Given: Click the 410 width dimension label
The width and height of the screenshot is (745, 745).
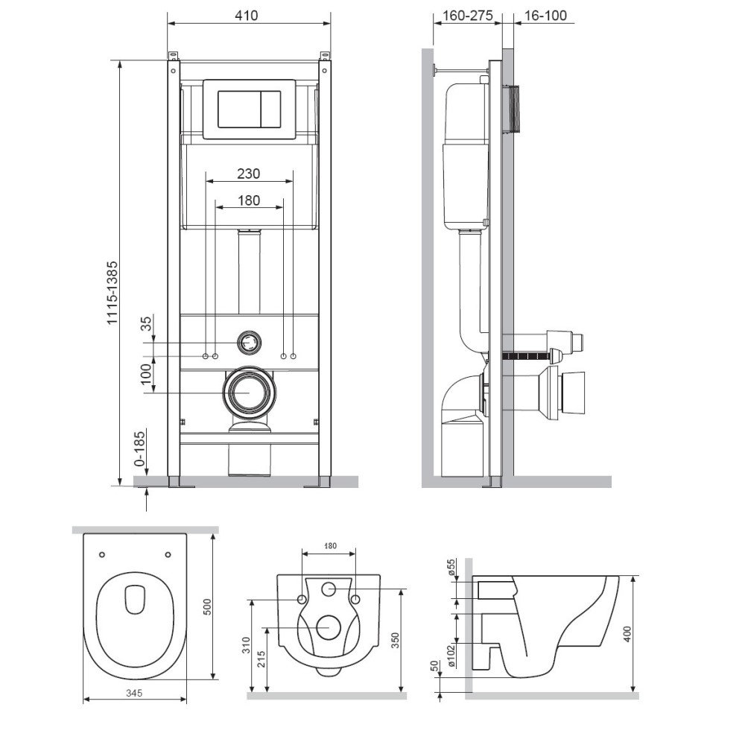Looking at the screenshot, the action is coord(247,16).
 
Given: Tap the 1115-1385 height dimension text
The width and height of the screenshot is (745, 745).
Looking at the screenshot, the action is coord(112,293).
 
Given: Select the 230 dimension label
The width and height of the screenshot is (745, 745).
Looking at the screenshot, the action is coord(249,174).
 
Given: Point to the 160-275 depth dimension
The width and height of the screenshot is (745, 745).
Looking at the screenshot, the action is coord(468,16).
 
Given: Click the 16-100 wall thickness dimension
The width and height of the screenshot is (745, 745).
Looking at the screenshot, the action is coord(545,16).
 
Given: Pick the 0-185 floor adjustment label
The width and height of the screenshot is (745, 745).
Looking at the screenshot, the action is coord(140,448).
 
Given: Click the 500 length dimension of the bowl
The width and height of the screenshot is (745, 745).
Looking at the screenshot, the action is coord(207,606).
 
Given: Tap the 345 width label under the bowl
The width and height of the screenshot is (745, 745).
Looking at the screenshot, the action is coord(134,693).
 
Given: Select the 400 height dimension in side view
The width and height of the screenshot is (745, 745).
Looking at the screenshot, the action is coord(627,634).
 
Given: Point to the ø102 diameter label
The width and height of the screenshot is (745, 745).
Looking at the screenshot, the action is coord(451,656).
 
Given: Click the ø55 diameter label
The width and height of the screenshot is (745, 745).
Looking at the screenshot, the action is coord(451,567).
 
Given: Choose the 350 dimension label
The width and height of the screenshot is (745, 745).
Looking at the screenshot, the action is coord(396,640).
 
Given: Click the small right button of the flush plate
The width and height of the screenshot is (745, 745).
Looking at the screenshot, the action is coord(270,109).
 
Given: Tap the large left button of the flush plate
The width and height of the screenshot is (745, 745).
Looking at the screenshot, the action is coord(239,109).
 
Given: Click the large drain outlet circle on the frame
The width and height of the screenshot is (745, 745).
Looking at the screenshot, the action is coord(249,393).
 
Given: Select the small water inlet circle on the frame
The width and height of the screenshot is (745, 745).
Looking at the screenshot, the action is coord(249,342).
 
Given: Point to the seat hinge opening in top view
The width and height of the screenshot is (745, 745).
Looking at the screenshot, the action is coord(134,599).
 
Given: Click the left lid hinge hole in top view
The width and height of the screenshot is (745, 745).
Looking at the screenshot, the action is coord(101,554).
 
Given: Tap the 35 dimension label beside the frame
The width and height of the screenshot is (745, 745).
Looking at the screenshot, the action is coord(147,323).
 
